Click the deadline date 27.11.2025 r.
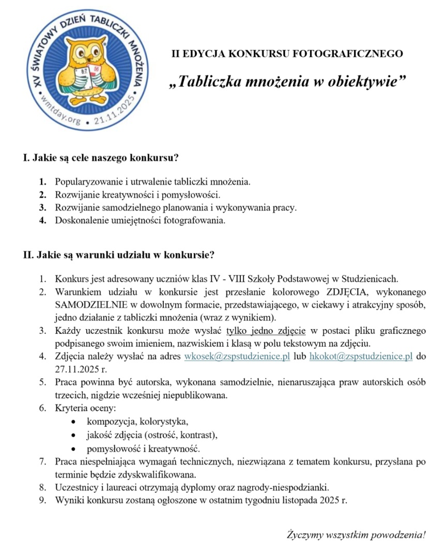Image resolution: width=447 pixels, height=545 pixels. (81, 370)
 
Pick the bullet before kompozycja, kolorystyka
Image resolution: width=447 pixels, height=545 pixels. (76, 422)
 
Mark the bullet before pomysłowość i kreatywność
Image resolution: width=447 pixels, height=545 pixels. (76, 448)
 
